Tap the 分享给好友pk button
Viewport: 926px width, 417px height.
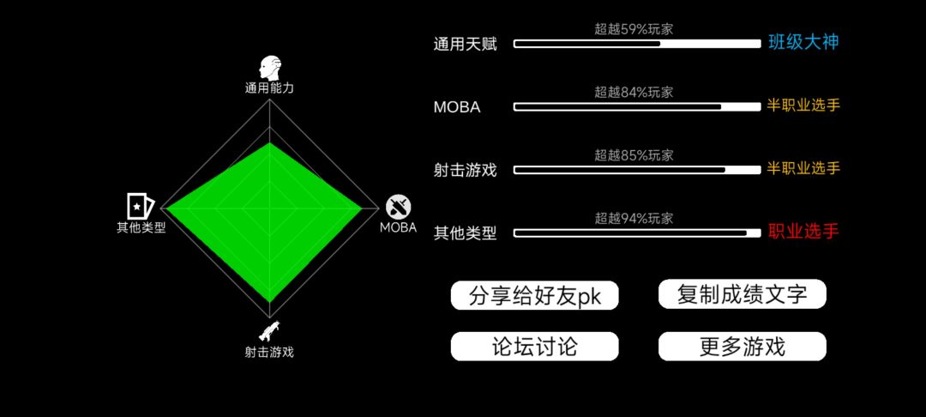point(534,295)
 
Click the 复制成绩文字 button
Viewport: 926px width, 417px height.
point(742,294)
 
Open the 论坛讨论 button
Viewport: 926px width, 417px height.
point(534,347)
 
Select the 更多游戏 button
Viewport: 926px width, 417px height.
point(742,347)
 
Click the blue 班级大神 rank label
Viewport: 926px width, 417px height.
point(803,43)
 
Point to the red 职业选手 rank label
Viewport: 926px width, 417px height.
point(803,231)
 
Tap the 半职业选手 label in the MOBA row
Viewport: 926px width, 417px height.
point(803,106)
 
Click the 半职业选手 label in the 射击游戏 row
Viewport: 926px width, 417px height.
point(803,168)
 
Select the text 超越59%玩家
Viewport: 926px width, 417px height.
point(634,29)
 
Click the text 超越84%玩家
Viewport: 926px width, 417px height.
point(634,92)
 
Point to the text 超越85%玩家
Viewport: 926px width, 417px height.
point(634,155)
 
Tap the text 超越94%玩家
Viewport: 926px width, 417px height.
point(634,219)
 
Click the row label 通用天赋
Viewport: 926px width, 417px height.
point(466,45)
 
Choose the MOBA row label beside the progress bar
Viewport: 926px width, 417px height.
point(457,107)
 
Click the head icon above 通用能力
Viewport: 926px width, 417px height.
point(270,69)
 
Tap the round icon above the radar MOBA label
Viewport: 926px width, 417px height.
point(399,207)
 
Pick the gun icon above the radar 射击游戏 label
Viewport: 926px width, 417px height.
point(268,331)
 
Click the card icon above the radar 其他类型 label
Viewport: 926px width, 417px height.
point(141,206)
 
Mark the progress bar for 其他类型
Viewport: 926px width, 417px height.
point(637,233)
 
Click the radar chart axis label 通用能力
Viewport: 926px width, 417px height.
point(269,88)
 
